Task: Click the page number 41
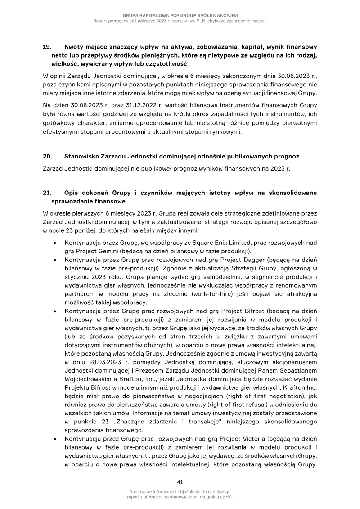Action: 180,482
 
